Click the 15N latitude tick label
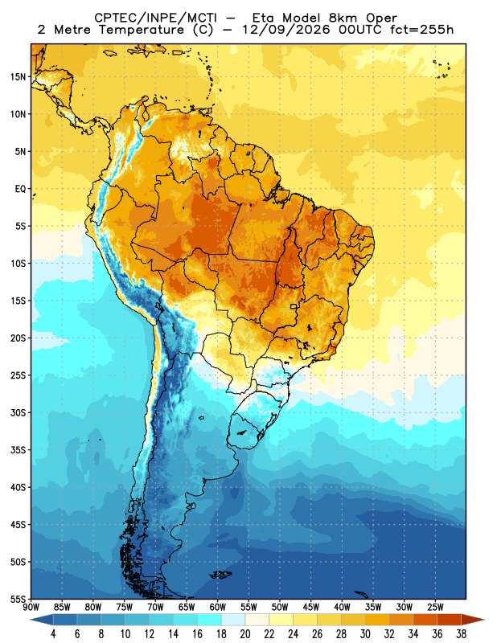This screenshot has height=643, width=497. (x=18, y=76)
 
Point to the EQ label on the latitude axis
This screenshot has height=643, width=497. (x=20, y=189)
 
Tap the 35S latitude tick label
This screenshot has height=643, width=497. (x=18, y=450)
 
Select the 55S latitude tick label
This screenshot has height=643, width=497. (x=18, y=599)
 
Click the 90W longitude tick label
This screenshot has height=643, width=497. (x=31, y=607)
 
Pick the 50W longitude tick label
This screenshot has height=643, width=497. (x=280, y=607)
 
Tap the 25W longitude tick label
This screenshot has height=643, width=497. (x=435, y=607)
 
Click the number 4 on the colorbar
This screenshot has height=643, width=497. (x=53, y=634)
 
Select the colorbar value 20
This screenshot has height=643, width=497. (x=245, y=634)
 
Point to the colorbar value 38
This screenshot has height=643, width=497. (x=461, y=634)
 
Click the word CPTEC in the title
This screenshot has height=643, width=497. (x=112, y=18)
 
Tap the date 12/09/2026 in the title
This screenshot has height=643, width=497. (x=285, y=30)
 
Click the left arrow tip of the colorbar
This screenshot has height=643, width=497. (x=30, y=620)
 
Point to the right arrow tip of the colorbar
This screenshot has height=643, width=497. (x=485, y=620)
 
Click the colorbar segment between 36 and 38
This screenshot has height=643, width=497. (x=449, y=620)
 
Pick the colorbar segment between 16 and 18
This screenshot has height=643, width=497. (x=209, y=620)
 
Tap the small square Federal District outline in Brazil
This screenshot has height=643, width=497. (x=294, y=306)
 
